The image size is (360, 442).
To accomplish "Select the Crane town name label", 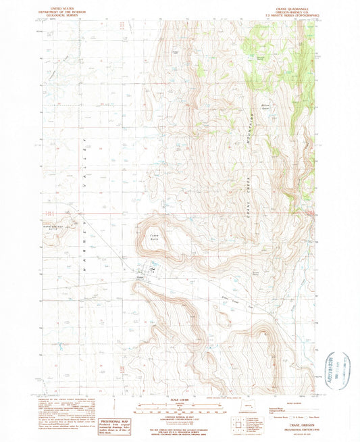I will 140,277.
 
